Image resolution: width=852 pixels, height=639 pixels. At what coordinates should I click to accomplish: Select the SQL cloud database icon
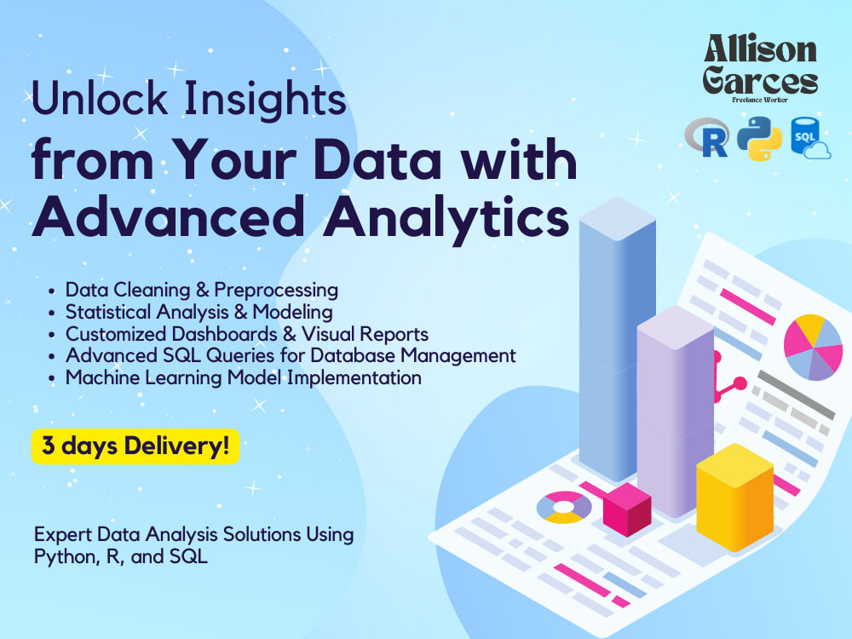809,139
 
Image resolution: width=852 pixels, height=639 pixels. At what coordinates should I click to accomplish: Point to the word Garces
760,82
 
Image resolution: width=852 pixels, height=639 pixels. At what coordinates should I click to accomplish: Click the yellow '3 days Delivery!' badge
135,446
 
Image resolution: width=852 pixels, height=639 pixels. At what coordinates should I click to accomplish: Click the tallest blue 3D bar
617,332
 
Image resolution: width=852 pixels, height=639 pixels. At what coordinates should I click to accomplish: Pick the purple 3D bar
675,409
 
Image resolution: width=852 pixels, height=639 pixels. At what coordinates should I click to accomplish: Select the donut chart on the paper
563,507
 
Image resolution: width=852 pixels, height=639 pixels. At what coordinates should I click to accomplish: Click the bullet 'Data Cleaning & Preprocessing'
201,290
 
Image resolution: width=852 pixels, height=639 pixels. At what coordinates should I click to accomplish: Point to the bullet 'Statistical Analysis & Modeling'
199,312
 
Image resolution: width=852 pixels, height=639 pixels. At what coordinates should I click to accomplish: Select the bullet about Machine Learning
243,377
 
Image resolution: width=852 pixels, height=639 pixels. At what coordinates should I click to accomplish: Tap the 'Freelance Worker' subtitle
760,100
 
